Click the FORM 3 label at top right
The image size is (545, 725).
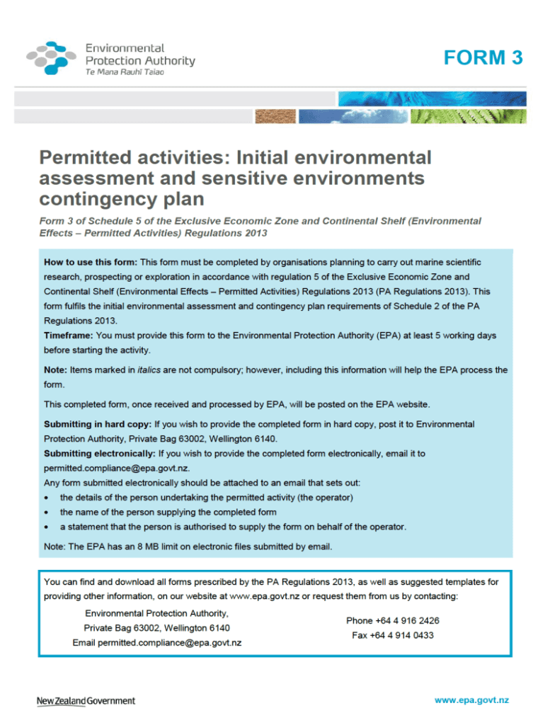[x=483, y=58]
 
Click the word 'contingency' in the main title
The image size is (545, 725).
[x=88, y=200]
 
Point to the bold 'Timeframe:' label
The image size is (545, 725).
[x=69, y=335]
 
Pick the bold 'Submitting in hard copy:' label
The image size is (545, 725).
[x=98, y=424]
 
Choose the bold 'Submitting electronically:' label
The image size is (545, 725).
[x=100, y=453]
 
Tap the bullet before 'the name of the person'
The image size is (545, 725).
[x=47, y=512]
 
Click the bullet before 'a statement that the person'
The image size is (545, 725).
[x=47, y=527]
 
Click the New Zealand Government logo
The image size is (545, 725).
[x=86, y=701]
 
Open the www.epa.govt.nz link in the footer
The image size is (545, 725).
[x=471, y=700]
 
